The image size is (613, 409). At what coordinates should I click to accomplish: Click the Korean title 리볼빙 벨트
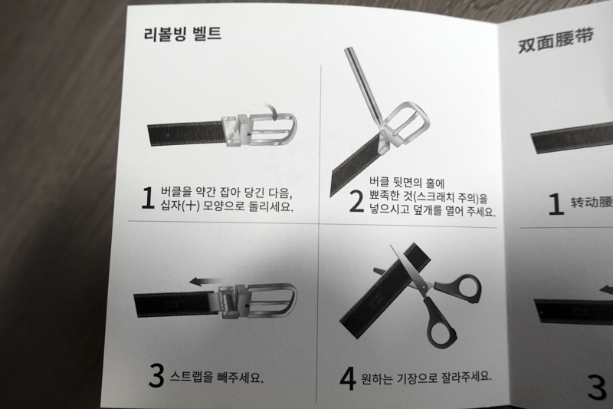pos(182,35)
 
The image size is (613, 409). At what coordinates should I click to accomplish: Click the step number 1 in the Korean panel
pos(148,198)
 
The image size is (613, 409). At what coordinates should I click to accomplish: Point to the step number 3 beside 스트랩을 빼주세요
pos(156,375)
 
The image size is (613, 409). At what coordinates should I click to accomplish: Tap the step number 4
pos(347,377)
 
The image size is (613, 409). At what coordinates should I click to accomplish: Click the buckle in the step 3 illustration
pos(257,302)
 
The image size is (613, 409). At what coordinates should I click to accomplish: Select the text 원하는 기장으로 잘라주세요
pos(426,377)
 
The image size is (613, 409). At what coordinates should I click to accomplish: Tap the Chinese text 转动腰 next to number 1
pos(592,203)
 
